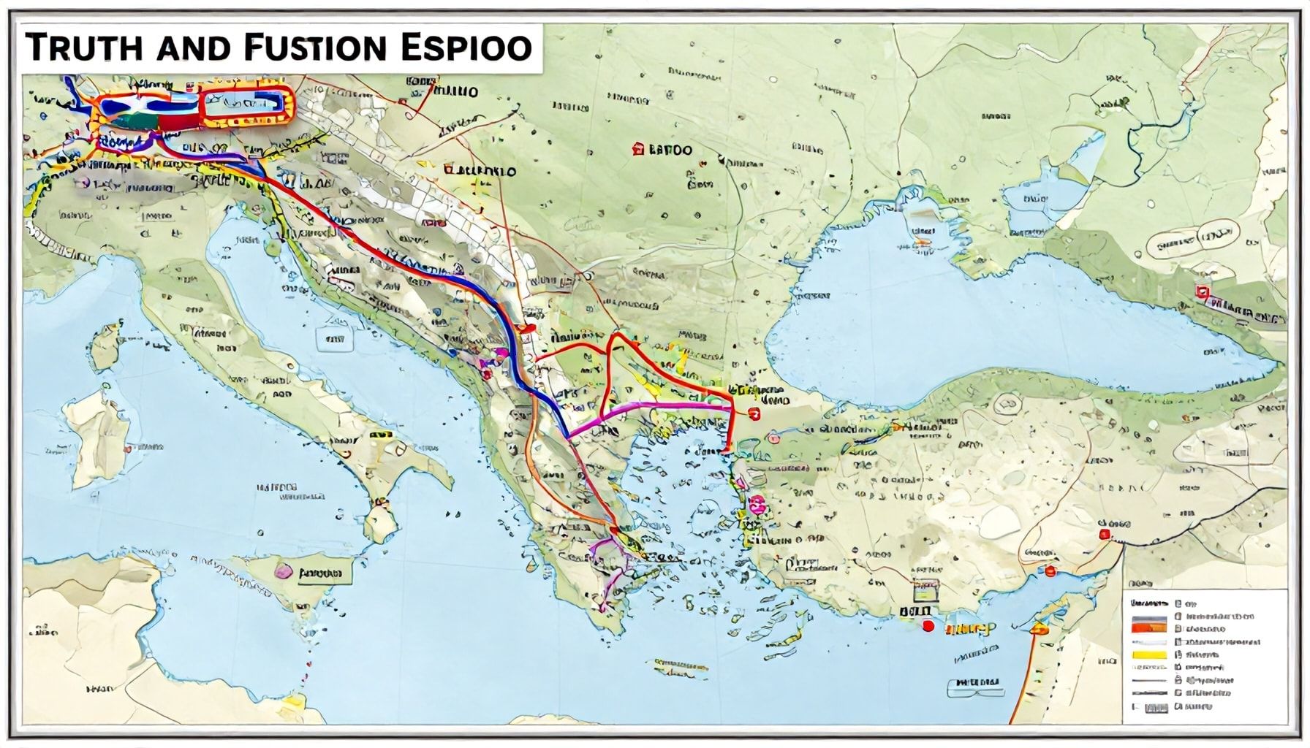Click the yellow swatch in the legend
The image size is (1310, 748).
(1148, 655)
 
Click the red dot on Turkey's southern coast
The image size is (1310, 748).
(928, 625)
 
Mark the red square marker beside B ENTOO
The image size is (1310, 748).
(637, 149)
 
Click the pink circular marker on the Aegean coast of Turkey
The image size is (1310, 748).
(755, 501)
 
